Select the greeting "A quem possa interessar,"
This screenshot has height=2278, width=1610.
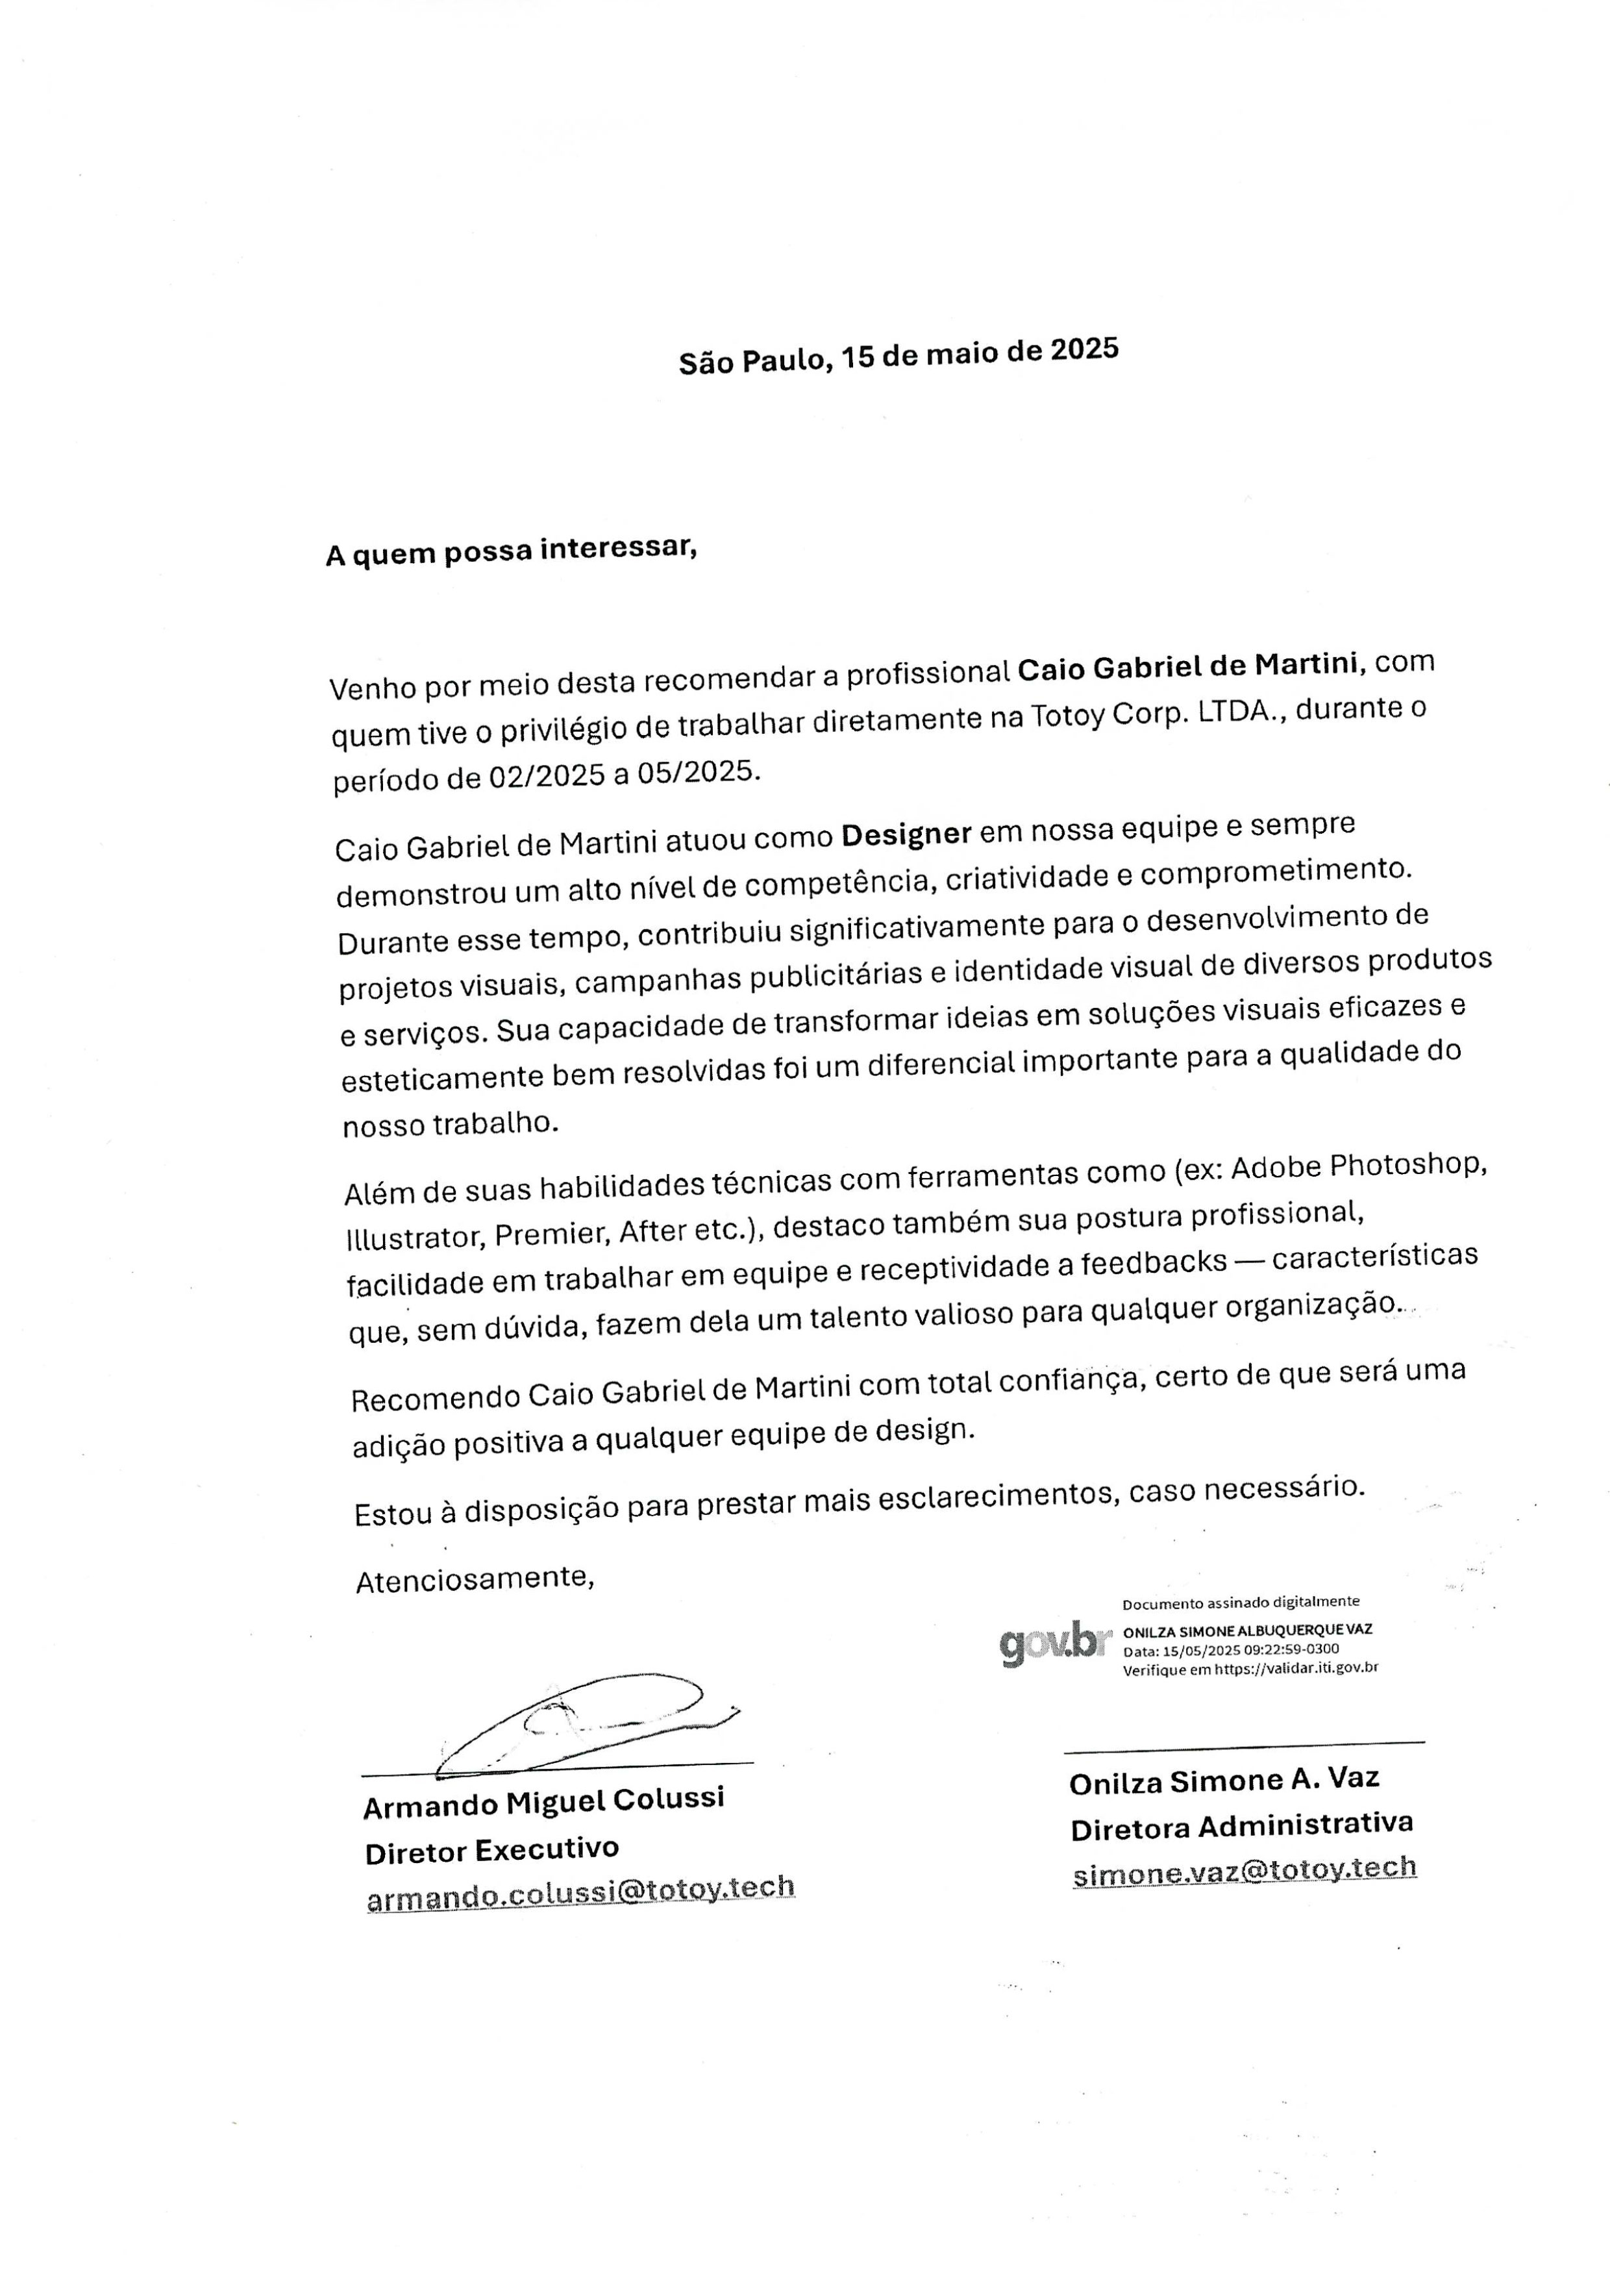pos(511,551)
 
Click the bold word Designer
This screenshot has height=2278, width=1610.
pos(906,834)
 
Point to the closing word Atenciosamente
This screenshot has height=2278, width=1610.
pos(474,1579)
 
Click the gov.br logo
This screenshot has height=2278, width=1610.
pos(1050,1644)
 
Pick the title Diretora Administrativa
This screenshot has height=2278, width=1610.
pos(1241,1827)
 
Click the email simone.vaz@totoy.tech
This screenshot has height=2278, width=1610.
pos(1244,1870)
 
